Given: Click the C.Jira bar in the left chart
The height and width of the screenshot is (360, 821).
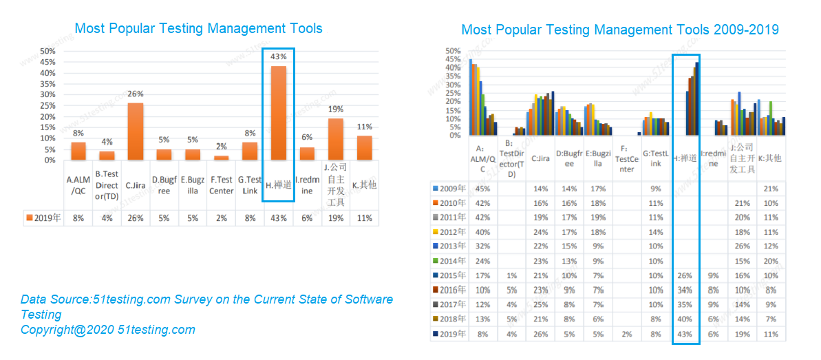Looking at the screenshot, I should coord(136,131).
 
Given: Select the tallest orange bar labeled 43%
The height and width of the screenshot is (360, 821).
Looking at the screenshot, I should coord(279,113).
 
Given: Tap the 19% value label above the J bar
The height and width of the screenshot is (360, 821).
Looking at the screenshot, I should coord(335,109).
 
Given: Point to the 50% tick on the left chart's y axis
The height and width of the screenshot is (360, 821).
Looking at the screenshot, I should coord(47,52).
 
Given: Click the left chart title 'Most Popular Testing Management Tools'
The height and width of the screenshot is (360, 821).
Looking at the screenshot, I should coord(198,28).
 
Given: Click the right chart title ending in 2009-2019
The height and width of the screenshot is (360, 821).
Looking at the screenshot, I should coord(619,30).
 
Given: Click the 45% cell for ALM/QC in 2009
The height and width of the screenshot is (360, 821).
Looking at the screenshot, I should coord(483,188).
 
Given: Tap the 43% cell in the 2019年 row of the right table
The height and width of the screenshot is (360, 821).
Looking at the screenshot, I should coord(685,334).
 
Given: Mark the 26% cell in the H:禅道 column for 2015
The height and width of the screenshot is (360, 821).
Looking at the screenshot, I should coord(685,275).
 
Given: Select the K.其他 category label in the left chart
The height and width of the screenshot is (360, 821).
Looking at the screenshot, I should coord(364,185).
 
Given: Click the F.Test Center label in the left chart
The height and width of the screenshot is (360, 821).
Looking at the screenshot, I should coord(222,185).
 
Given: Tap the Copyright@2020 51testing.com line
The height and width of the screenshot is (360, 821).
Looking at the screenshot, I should coord(107,330).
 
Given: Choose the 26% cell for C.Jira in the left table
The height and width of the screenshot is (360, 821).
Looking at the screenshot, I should coord(136,218).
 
